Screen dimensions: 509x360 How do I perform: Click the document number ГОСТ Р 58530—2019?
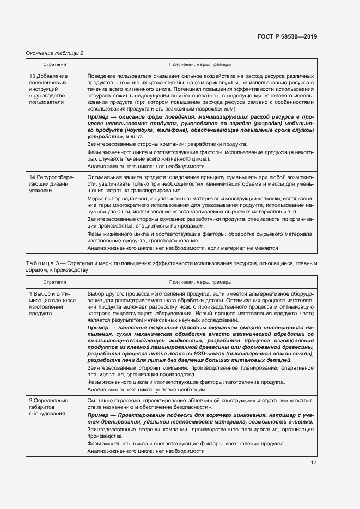click(287, 36)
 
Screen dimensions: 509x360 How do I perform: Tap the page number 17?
click(314, 463)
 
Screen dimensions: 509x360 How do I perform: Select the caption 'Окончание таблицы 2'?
click(54, 53)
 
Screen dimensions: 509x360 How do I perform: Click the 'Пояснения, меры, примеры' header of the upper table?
click(199, 64)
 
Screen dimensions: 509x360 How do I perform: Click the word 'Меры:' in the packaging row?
click(96, 198)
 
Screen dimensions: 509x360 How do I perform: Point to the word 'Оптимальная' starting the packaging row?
click(105, 177)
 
